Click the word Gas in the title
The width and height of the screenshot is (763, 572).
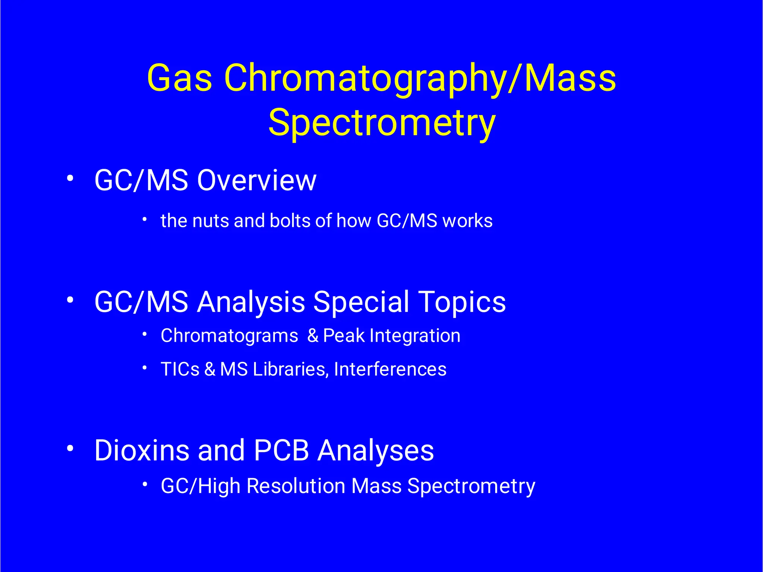180,78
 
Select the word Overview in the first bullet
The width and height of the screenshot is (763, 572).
257,181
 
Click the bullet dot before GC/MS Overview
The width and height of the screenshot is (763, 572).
70,178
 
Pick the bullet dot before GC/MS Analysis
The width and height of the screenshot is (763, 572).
70,300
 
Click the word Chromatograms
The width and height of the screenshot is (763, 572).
229,336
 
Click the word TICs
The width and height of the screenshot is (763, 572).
180,369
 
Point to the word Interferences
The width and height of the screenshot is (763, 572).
390,369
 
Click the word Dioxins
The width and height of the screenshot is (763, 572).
142,451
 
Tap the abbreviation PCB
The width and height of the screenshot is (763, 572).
281,451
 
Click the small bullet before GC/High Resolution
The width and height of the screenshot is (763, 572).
145,485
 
